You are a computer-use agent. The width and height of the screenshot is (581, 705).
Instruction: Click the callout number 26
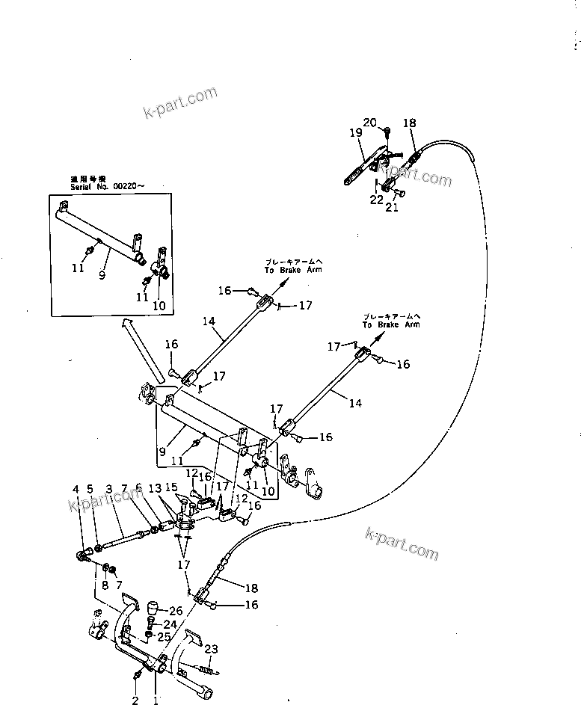coord(176,611)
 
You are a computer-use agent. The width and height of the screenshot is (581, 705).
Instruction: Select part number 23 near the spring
coord(211,649)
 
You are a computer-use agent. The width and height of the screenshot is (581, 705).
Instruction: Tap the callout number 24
coord(170,624)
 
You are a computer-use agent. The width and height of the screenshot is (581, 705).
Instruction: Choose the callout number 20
coord(370,122)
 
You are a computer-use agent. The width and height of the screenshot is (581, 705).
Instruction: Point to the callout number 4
coord(76,489)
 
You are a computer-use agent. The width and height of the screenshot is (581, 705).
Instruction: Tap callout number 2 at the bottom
coord(135,701)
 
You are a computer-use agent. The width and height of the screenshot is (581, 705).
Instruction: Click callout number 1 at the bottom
coord(156,701)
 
